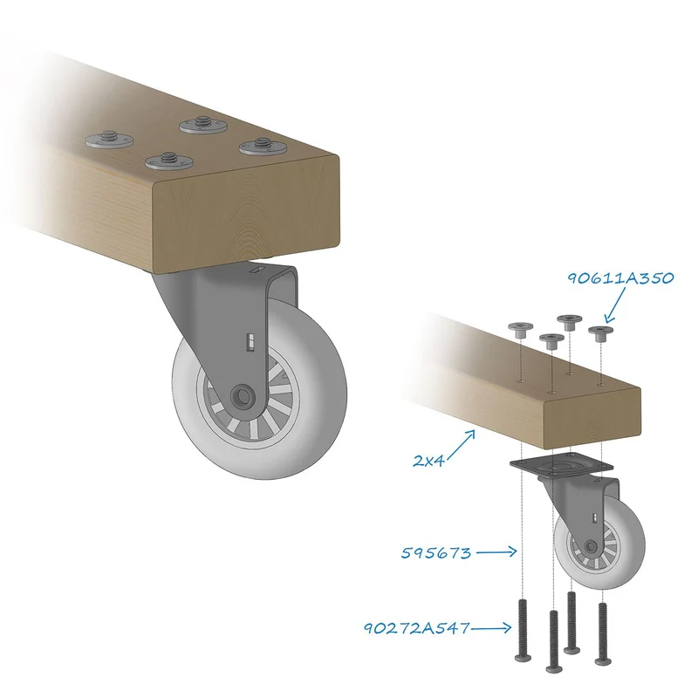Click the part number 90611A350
point(620,278)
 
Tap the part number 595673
point(435,553)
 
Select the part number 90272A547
point(417,628)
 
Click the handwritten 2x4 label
point(428,461)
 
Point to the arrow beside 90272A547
point(491,628)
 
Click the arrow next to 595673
point(496,552)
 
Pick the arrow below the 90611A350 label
point(616,305)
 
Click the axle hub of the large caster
point(243,395)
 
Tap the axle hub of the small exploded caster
point(591,545)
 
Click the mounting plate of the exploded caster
point(561,464)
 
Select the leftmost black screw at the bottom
point(523,630)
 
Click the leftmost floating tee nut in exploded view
point(520,330)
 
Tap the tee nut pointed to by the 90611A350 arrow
point(600,333)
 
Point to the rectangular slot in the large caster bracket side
point(251,341)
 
